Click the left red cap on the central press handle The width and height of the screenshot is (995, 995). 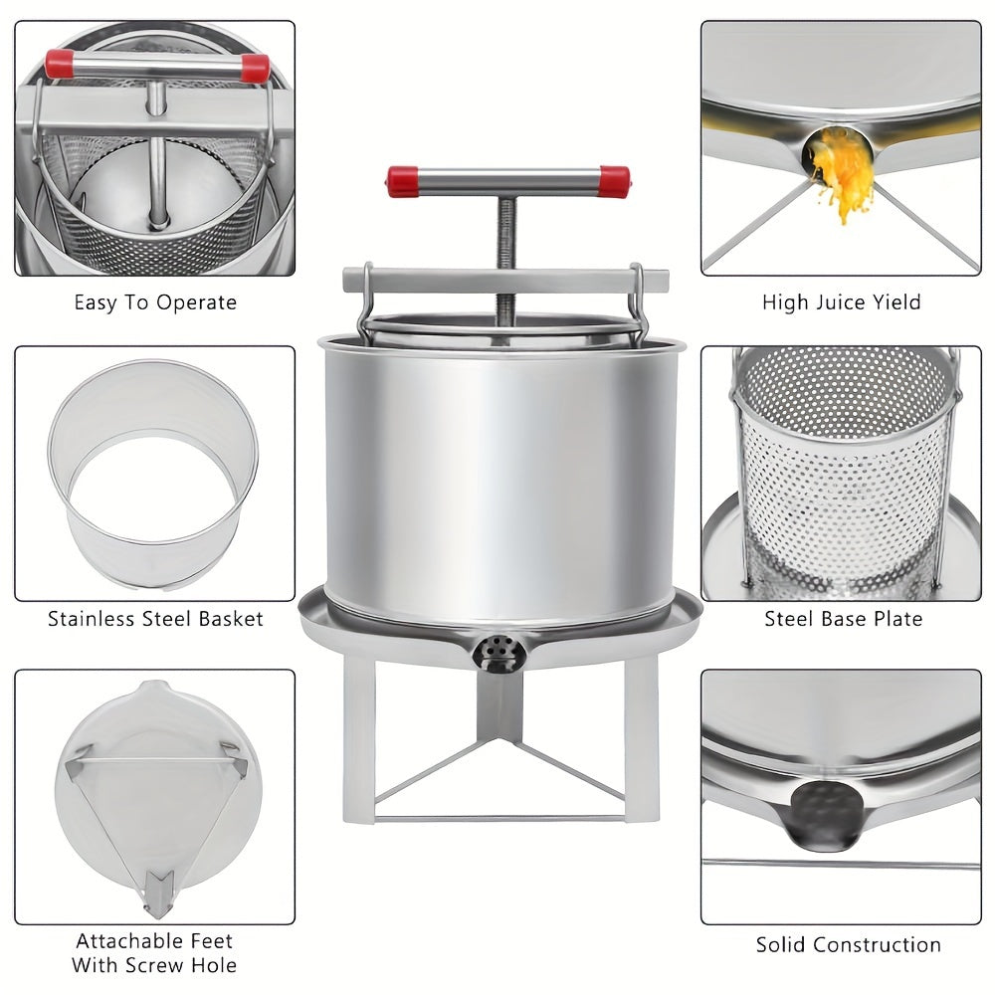(x=402, y=181)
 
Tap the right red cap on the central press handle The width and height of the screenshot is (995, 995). (x=614, y=181)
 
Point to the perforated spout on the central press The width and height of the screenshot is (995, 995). (x=498, y=654)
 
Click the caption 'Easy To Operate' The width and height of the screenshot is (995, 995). (x=155, y=302)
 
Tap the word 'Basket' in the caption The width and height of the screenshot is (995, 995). (x=231, y=619)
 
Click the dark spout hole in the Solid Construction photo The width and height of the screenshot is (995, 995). (x=825, y=816)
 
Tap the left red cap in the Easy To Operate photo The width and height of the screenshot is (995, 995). (x=59, y=64)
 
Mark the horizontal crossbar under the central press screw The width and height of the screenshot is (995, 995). (x=505, y=281)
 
